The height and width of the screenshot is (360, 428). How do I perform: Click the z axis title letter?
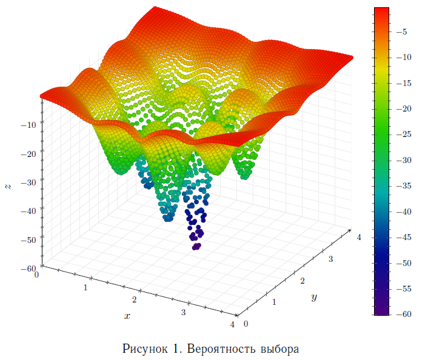[x=8, y=187]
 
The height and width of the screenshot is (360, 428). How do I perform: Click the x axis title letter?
[x=127, y=316]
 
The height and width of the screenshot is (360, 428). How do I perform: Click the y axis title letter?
[x=314, y=297]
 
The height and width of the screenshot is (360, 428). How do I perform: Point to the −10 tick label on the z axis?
[x=28, y=125]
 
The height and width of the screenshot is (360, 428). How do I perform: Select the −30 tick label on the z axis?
[x=28, y=182]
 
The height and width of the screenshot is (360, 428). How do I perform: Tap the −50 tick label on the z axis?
[x=28, y=239]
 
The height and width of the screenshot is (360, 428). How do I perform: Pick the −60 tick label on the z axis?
[x=28, y=268]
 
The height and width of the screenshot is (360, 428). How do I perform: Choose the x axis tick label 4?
[x=232, y=325]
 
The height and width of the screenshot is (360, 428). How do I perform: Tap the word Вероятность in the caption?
[x=221, y=349]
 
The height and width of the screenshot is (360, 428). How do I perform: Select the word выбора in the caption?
[x=281, y=349]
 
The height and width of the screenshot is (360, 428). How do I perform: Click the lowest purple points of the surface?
[x=196, y=246]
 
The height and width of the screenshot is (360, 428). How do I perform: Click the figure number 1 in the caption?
[x=176, y=349]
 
